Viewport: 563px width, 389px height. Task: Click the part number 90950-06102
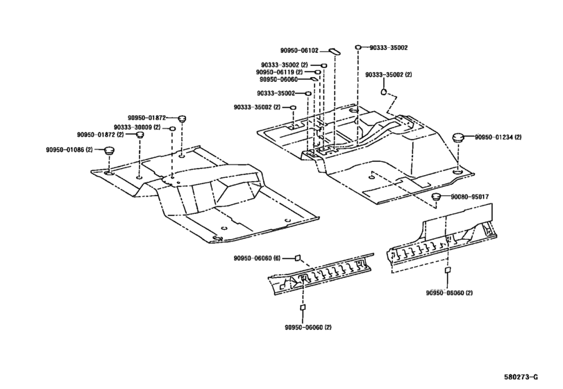[299, 51]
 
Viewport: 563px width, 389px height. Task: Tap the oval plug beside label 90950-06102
[335, 51]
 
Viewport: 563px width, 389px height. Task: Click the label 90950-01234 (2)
[498, 138]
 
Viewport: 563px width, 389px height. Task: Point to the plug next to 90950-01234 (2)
[457, 138]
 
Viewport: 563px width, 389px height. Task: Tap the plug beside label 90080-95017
[436, 196]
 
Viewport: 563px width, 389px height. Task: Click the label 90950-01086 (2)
[69, 149]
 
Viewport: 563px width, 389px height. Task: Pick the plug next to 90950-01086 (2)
[109, 150]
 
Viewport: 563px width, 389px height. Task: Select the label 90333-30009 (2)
[137, 128]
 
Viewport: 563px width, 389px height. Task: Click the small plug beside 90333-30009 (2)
[172, 129]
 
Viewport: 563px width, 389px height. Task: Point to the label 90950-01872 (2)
[100, 135]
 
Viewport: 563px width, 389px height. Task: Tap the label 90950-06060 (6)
[257, 258]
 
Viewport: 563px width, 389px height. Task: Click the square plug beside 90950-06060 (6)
[297, 258]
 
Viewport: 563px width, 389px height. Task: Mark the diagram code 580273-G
[521, 376]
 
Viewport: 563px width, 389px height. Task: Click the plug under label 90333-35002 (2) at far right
[383, 92]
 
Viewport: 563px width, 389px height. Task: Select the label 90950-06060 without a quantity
[278, 79]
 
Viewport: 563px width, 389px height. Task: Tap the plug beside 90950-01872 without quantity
[183, 118]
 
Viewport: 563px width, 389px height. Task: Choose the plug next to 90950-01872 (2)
[140, 135]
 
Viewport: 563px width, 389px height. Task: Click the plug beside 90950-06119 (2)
[318, 72]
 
